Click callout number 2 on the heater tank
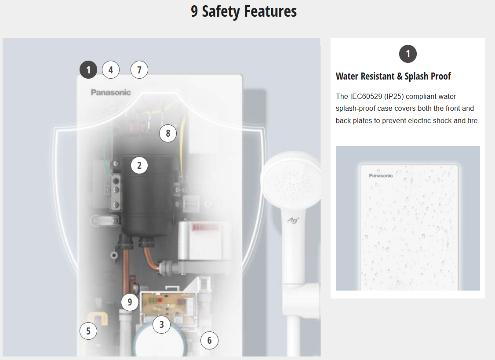coord(139,165)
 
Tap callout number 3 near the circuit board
coord(162,324)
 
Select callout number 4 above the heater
coord(111,70)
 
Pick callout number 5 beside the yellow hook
coord(88,331)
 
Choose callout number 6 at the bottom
coord(209,340)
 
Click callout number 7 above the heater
coord(139,70)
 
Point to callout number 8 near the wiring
coord(168,133)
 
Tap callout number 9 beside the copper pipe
coord(130,302)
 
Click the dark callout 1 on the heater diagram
coord(88,70)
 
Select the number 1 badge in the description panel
coord(408,54)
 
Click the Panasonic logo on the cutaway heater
coord(111,92)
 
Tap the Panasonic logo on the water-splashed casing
coord(381,175)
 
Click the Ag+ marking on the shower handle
coord(293,220)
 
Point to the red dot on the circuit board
coord(160,300)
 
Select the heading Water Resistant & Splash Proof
coord(393,76)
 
